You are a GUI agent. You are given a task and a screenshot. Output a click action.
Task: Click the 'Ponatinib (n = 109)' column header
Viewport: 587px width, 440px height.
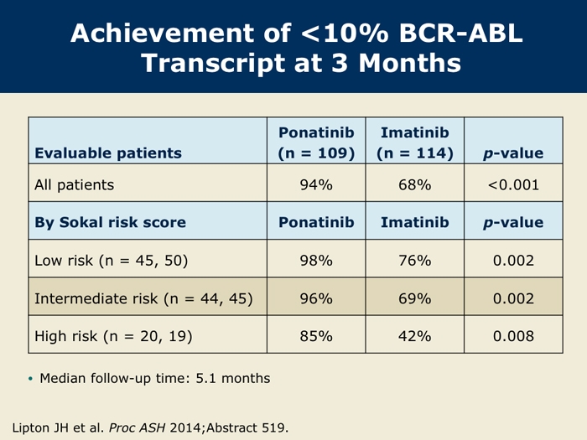[316, 142]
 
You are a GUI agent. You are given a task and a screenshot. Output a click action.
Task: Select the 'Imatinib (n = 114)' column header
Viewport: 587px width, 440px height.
[415, 142]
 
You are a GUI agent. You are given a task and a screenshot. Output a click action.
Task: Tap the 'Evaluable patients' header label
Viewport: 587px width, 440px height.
[108, 153]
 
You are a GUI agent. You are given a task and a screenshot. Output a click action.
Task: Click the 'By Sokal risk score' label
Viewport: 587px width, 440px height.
[110, 222]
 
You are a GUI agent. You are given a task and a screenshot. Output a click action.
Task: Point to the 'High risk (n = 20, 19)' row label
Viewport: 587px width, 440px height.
[113, 336]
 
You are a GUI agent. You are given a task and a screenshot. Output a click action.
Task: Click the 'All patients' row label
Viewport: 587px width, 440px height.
[74, 185]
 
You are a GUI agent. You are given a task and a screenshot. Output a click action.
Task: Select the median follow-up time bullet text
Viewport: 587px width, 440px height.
[154, 378]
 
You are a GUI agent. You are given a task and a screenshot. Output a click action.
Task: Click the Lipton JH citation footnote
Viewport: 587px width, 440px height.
[150, 427]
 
